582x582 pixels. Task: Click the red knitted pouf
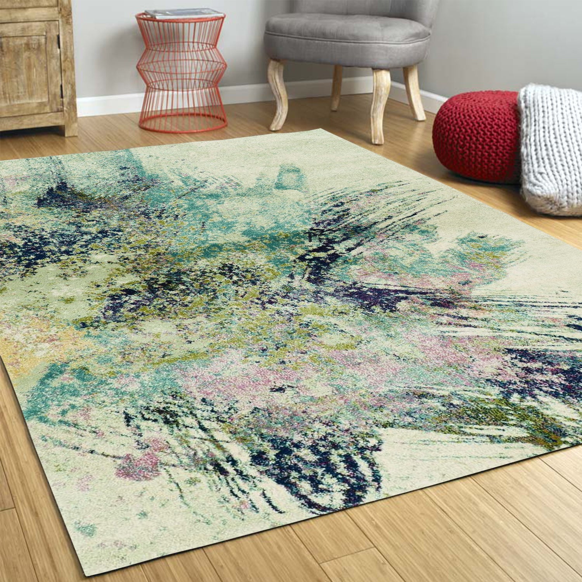click(475, 136)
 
